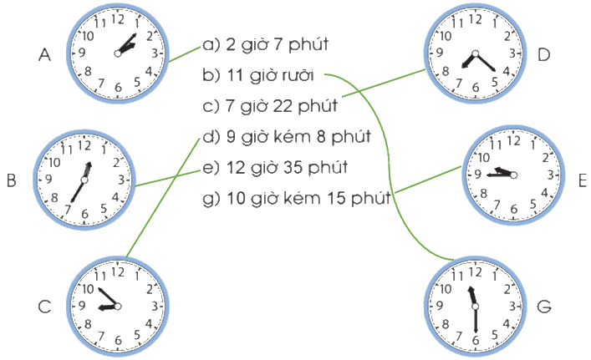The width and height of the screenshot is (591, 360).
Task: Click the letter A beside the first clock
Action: tap(44, 55)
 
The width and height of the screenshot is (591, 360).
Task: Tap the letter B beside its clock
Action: tap(12, 180)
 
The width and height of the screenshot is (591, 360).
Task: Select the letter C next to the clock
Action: tap(44, 307)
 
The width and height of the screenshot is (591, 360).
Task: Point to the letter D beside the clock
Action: tap(543, 55)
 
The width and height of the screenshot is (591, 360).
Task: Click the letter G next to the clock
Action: tap(544, 307)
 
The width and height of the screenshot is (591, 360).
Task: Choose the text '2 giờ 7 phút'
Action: tap(277, 45)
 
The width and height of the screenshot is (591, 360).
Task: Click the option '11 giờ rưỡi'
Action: tap(270, 75)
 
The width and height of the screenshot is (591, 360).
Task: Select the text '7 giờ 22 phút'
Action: tap(281, 106)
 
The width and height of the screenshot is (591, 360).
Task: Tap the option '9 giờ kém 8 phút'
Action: tap(298, 137)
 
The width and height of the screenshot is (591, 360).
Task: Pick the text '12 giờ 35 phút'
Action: tap(287, 168)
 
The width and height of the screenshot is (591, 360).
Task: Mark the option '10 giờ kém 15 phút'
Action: tap(308, 199)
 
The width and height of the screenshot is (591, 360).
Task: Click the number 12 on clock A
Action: tap(118, 19)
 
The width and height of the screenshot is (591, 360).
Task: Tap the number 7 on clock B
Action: tap(68, 209)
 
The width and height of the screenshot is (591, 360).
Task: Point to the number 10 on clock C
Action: tap(88, 289)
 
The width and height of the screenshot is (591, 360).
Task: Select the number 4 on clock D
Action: tap(507, 71)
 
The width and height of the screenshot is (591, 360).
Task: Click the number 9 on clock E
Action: tap(478, 174)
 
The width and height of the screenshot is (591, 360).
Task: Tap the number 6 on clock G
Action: tap(476, 340)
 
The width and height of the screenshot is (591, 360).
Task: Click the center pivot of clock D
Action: tap(476, 53)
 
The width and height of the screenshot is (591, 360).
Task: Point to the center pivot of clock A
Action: tap(118, 53)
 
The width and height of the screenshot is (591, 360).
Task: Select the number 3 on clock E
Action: tap(551, 175)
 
